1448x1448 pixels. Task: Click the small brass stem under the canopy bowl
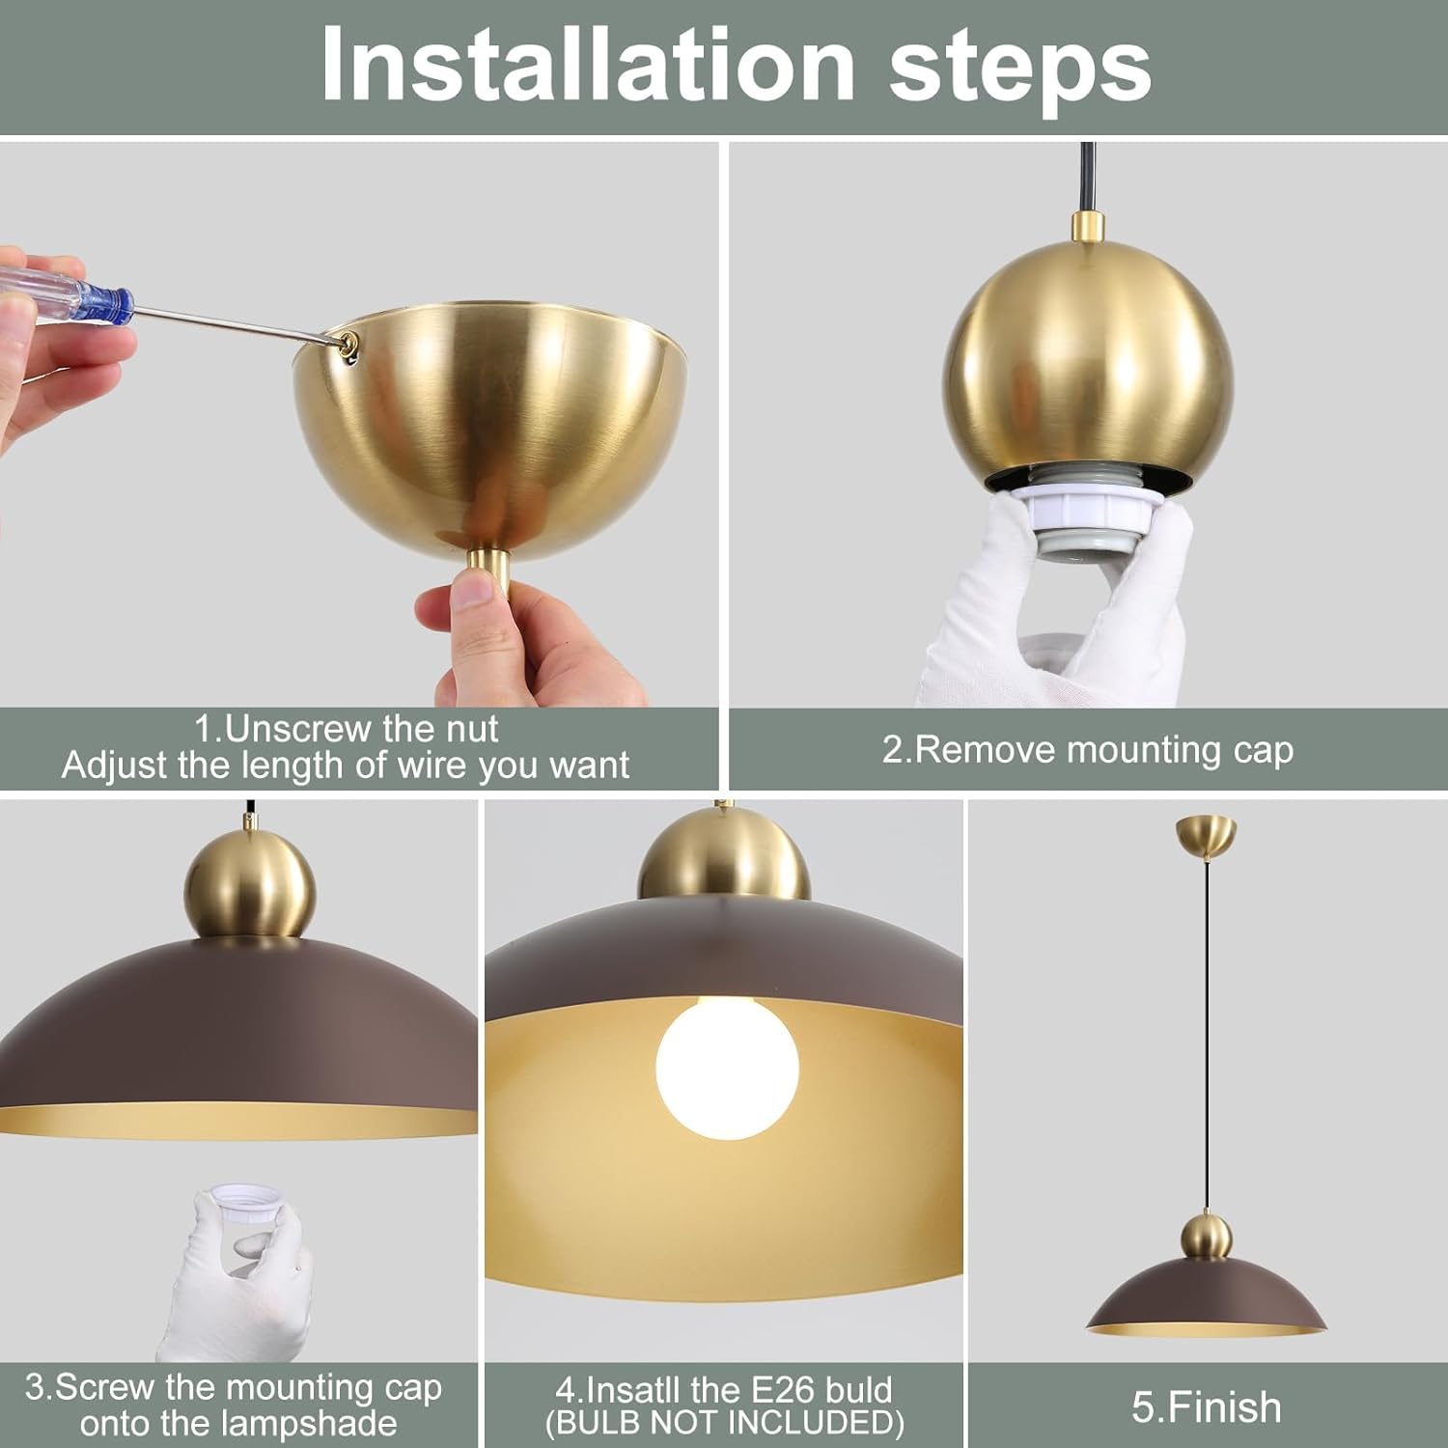(x=489, y=574)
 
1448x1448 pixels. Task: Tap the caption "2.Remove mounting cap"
(x=1088, y=750)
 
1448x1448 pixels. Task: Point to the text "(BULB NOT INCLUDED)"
(x=724, y=1423)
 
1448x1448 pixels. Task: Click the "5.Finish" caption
(x=1207, y=1407)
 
